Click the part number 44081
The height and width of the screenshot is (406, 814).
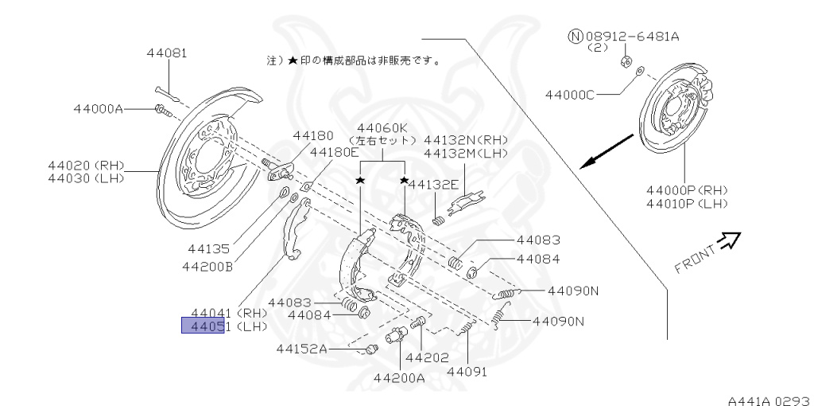pyautogui.click(x=166, y=54)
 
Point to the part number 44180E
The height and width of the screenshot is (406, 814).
pyautogui.click(x=334, y=151)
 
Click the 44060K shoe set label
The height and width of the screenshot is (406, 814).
pyautogui.click(x=382, y=128)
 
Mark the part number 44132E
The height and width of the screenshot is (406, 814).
pyautogui.click(x=433, y=184)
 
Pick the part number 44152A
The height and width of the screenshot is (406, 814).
pyautogui.click(x=302, y=348)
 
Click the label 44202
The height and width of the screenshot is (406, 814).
pyautogui.click(x=426, y=357)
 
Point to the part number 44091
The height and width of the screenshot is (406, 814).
pyautogui.click(x=467, y=372)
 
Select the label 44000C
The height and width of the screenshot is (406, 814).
pyautogui.click(x=569, y=95)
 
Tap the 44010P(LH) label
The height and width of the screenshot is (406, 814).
pyautogui.click(x=687, y=204)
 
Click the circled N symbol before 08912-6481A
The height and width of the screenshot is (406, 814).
pyautogui.click(x=575, y=37)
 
